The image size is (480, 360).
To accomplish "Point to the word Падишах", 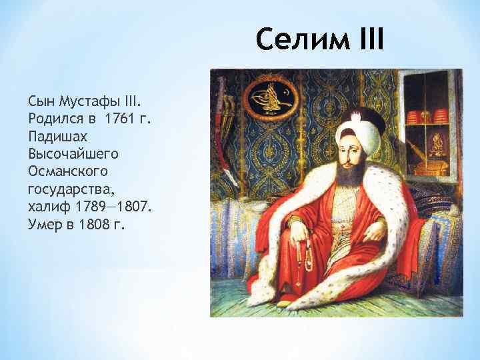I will pyautogui.click(x=57, y=136).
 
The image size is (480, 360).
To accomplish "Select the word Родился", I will pyautogui.click(x=53, y=119).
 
